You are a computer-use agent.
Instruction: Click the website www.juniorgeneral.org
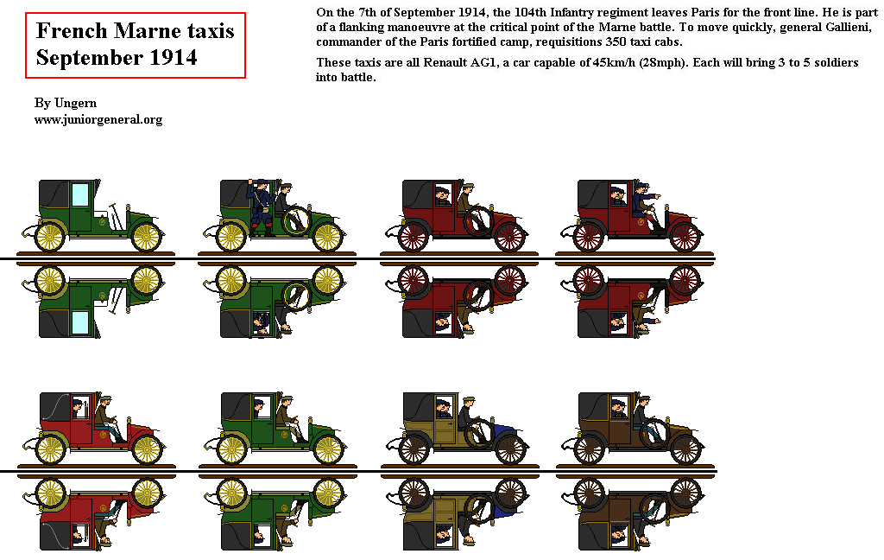click(x=98, y=119)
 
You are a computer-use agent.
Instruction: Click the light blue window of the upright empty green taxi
click(x=79, y=195)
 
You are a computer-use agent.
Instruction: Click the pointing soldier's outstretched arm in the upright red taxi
click(x=654, y=197)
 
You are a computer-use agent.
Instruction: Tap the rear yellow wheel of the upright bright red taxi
click(x=50, y=449)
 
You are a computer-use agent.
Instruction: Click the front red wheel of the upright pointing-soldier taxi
click(x=685, y=236)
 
